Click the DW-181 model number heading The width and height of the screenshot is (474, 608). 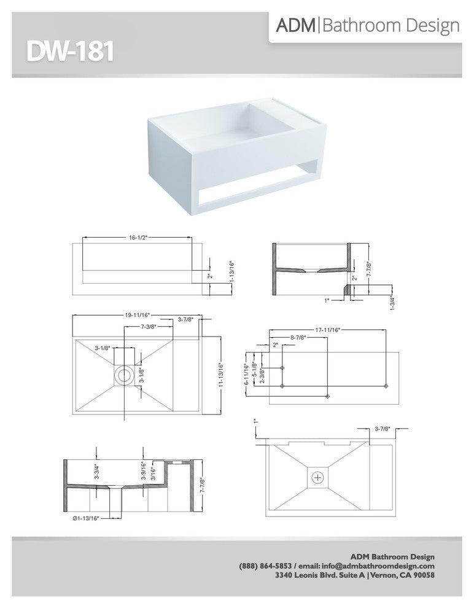tap(70, 52)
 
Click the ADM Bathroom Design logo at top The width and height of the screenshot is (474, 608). tap(367, 26)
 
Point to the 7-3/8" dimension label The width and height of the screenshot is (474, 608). tap(149, 327)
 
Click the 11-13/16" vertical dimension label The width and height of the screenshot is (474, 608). tap(221, 375)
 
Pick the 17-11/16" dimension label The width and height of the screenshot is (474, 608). tap(327, 330)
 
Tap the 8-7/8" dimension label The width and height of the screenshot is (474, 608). tap(298, 337)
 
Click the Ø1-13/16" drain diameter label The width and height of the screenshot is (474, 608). tap(86, 518)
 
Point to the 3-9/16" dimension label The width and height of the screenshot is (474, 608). tap(144, 470)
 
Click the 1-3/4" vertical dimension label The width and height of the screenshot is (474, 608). tap(392, 303)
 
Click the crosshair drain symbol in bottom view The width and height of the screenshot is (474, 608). tap(318, 477)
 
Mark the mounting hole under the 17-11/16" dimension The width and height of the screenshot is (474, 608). tap(386, 386)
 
